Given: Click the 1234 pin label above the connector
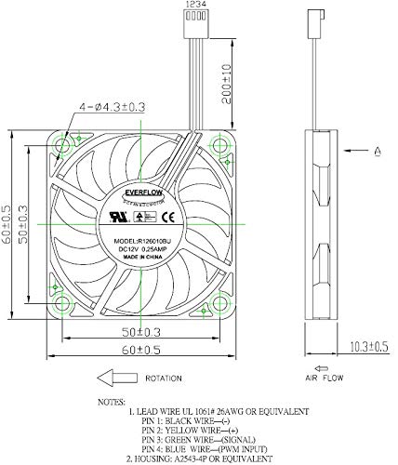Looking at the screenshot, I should [196, 7].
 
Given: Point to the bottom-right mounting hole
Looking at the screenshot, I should [219, 299].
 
